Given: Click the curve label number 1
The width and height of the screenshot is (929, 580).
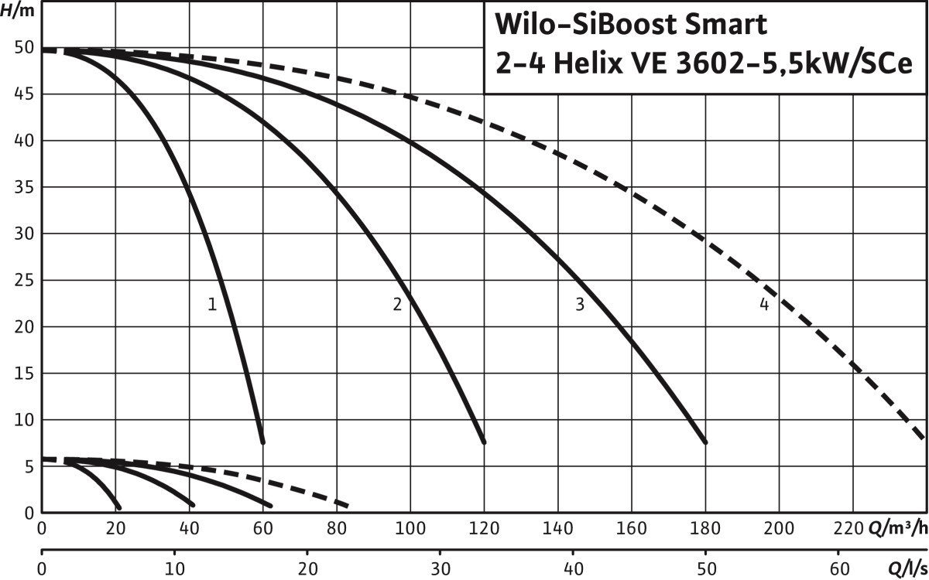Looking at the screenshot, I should tap(211, 305).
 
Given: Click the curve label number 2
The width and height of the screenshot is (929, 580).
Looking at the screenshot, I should tap(397, 305).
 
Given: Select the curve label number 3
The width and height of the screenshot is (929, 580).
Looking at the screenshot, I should tap(579, 305).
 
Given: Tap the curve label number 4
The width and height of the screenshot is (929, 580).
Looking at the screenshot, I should tap(764, 305).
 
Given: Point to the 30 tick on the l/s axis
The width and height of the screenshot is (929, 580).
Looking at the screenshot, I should tap(440, 569).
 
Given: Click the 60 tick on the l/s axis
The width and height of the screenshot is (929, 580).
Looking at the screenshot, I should tap(838, 569).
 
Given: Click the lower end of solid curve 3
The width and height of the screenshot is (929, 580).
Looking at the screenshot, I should tap(705, 442).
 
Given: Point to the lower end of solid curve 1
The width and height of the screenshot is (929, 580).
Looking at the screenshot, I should tap(262, 442).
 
